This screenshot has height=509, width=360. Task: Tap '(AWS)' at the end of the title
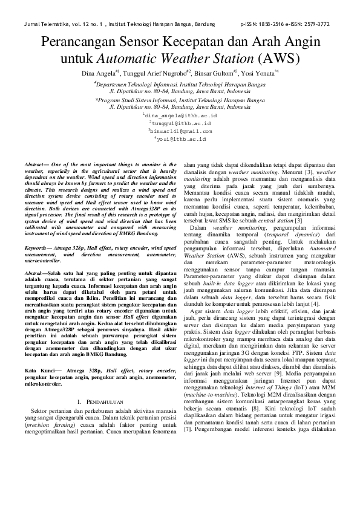tap(277, 59)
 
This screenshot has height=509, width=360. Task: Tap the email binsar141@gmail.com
tap(181, 130)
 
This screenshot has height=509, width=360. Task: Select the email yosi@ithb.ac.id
tap(181, 138)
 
